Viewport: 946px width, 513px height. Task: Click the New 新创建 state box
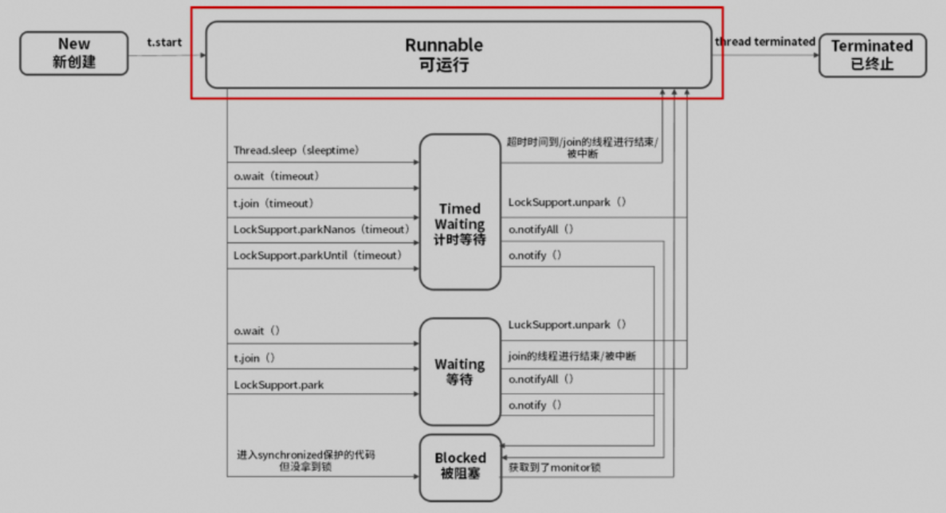pos(73,53)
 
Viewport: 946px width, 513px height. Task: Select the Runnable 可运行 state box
pos(458,54)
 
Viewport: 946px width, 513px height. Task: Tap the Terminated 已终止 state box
pos(872,55)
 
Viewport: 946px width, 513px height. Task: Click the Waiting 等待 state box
pos(460,371)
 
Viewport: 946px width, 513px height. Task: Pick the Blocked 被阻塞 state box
pos(460,467)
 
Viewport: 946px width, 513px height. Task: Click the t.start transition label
pos(165,41)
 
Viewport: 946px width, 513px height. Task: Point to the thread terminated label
pos(765,41)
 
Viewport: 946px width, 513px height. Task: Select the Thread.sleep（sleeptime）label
pos(296,150)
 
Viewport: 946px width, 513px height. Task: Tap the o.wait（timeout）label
pos(276,176)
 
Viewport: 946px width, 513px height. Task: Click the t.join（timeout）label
pos(273,203)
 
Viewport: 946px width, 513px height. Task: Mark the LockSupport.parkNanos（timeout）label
pos(321,229)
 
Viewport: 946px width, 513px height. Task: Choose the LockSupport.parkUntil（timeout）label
pos(318,255)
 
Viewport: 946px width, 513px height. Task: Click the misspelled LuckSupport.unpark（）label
pos(567,325)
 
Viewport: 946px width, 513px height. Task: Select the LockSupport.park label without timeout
pos(279,385)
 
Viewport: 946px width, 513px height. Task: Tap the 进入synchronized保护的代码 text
pos(305,455)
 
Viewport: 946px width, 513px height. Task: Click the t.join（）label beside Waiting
pos(254,358)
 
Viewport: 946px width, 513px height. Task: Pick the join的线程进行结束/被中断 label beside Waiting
pos(572,356)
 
